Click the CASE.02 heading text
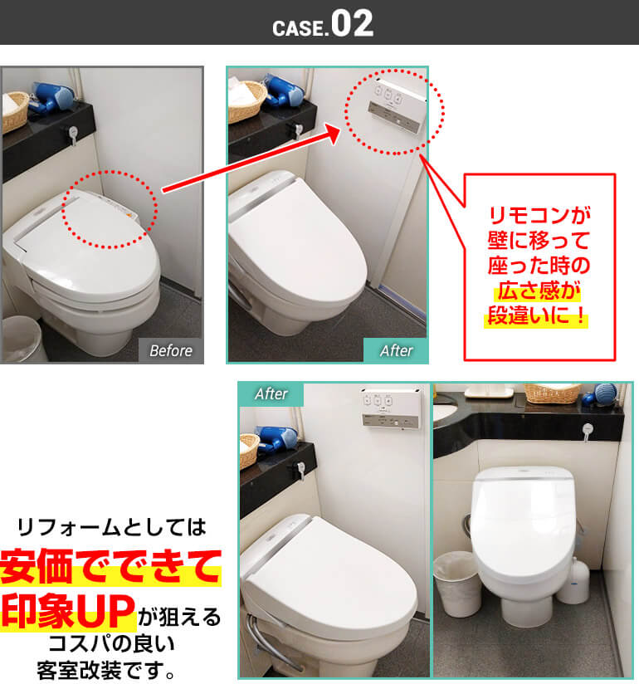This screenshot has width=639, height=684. click(323, 24)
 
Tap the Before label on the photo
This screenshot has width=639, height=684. click(170, 350)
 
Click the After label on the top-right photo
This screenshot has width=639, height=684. click(396, 350)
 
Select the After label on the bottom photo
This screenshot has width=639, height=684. click(271, 394)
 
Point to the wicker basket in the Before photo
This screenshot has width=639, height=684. click(14, 112)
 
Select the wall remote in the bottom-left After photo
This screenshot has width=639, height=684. click(388, 408)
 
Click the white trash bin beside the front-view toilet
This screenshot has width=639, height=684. click(456, 584)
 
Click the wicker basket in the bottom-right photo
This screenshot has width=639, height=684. click(552, 392)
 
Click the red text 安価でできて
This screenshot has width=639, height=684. click(110, 568)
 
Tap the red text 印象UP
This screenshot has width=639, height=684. click(68, 610)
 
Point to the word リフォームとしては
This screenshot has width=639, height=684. click(110, 526)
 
